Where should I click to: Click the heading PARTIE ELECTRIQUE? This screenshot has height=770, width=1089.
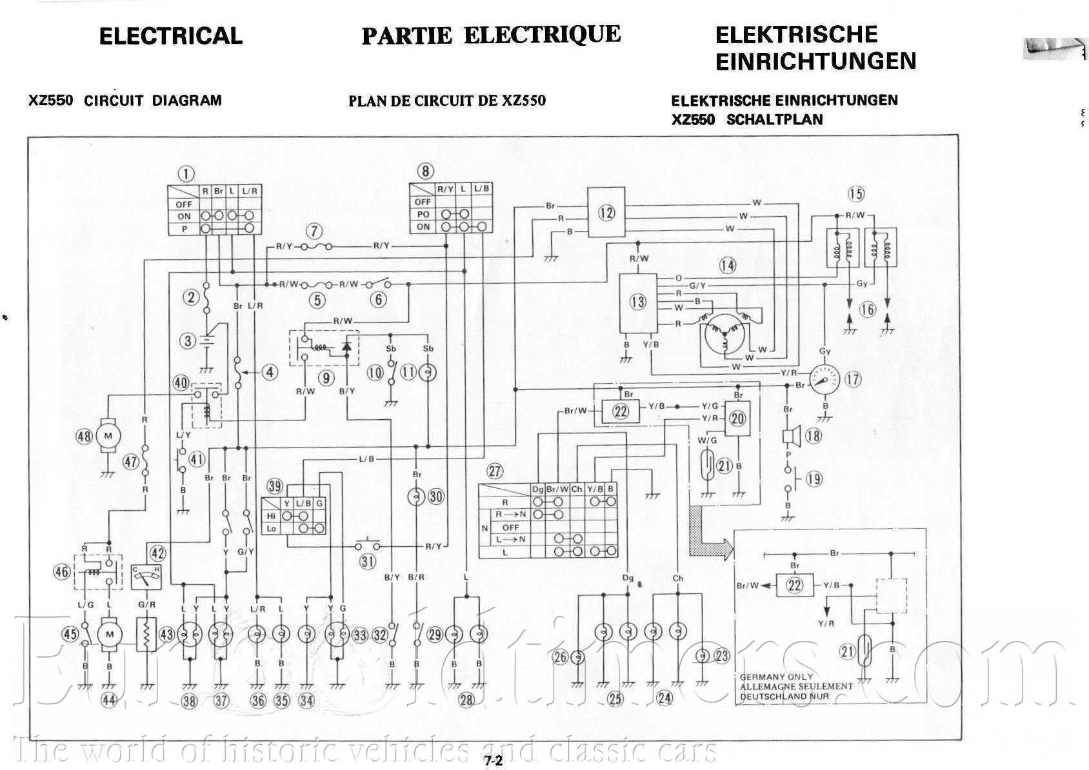point(491,35)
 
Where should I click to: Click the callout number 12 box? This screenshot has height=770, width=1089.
point(606,212)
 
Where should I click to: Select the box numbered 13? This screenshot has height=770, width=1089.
point(638,301)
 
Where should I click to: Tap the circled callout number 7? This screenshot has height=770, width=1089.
point(314,231)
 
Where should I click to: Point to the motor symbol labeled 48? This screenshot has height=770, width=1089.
point(108,436)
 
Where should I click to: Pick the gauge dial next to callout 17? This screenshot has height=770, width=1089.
point(824,380)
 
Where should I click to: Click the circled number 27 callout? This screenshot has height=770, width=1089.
point(495,471)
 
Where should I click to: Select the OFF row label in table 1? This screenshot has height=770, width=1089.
point(184,204)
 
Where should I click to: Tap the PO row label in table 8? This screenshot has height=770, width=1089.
point(423,214)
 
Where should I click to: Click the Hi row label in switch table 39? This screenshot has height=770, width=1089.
point(271,516)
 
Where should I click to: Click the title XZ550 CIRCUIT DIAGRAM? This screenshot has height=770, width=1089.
point(125,101)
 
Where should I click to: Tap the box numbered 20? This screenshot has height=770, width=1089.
point(737,419)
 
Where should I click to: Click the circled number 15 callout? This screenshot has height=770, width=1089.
point(855,193)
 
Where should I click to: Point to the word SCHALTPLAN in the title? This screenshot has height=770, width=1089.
point(774,120)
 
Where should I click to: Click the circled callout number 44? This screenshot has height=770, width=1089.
point(109,700)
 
